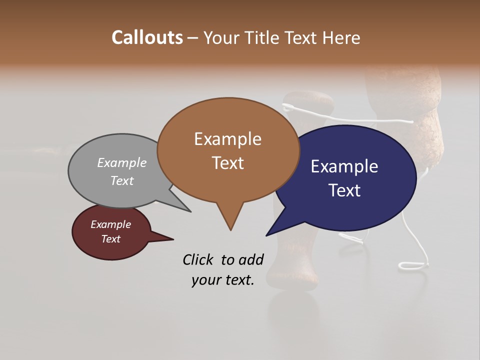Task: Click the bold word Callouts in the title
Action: click(147, 37)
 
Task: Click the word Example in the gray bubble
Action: click(121, 162)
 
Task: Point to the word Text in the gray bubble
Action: click(121, 180)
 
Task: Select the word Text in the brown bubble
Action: click(227, 162)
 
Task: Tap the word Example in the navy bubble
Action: click(344, 166)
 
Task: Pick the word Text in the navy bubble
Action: click(344, 190)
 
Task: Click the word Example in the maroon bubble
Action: click(110, 224)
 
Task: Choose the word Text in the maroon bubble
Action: click(110, 239)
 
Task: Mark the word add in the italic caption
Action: click(251, 259)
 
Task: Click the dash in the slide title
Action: click(193, 38)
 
